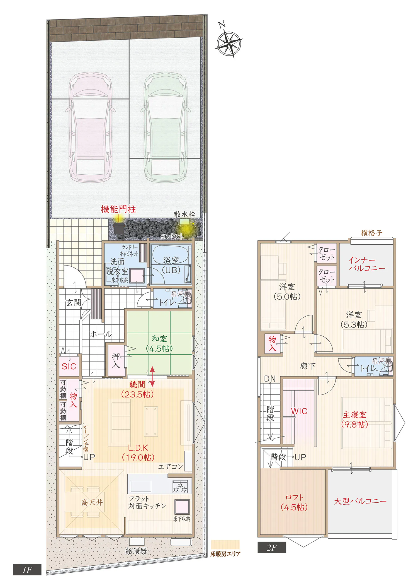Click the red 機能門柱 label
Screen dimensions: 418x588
(x=118, y=209)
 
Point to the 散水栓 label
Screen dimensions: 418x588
(x=184, y=214)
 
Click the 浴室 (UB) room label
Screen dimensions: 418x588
(x=171, y=265)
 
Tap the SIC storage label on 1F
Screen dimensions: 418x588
(x=69, y=366)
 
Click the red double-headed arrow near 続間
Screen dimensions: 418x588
(x=152, y=377)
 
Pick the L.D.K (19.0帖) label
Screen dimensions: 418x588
(x=138, y=453)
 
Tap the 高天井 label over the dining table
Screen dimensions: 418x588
(x=92, y=502)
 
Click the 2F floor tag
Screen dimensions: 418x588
(x=272, y=548)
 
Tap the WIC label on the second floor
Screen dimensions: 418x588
(x=299, y=411)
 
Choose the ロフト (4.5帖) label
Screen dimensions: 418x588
(x=294, y=502)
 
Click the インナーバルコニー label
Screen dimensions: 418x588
(x=367, y=264)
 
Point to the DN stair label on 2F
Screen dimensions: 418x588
(x=270, y=379)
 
